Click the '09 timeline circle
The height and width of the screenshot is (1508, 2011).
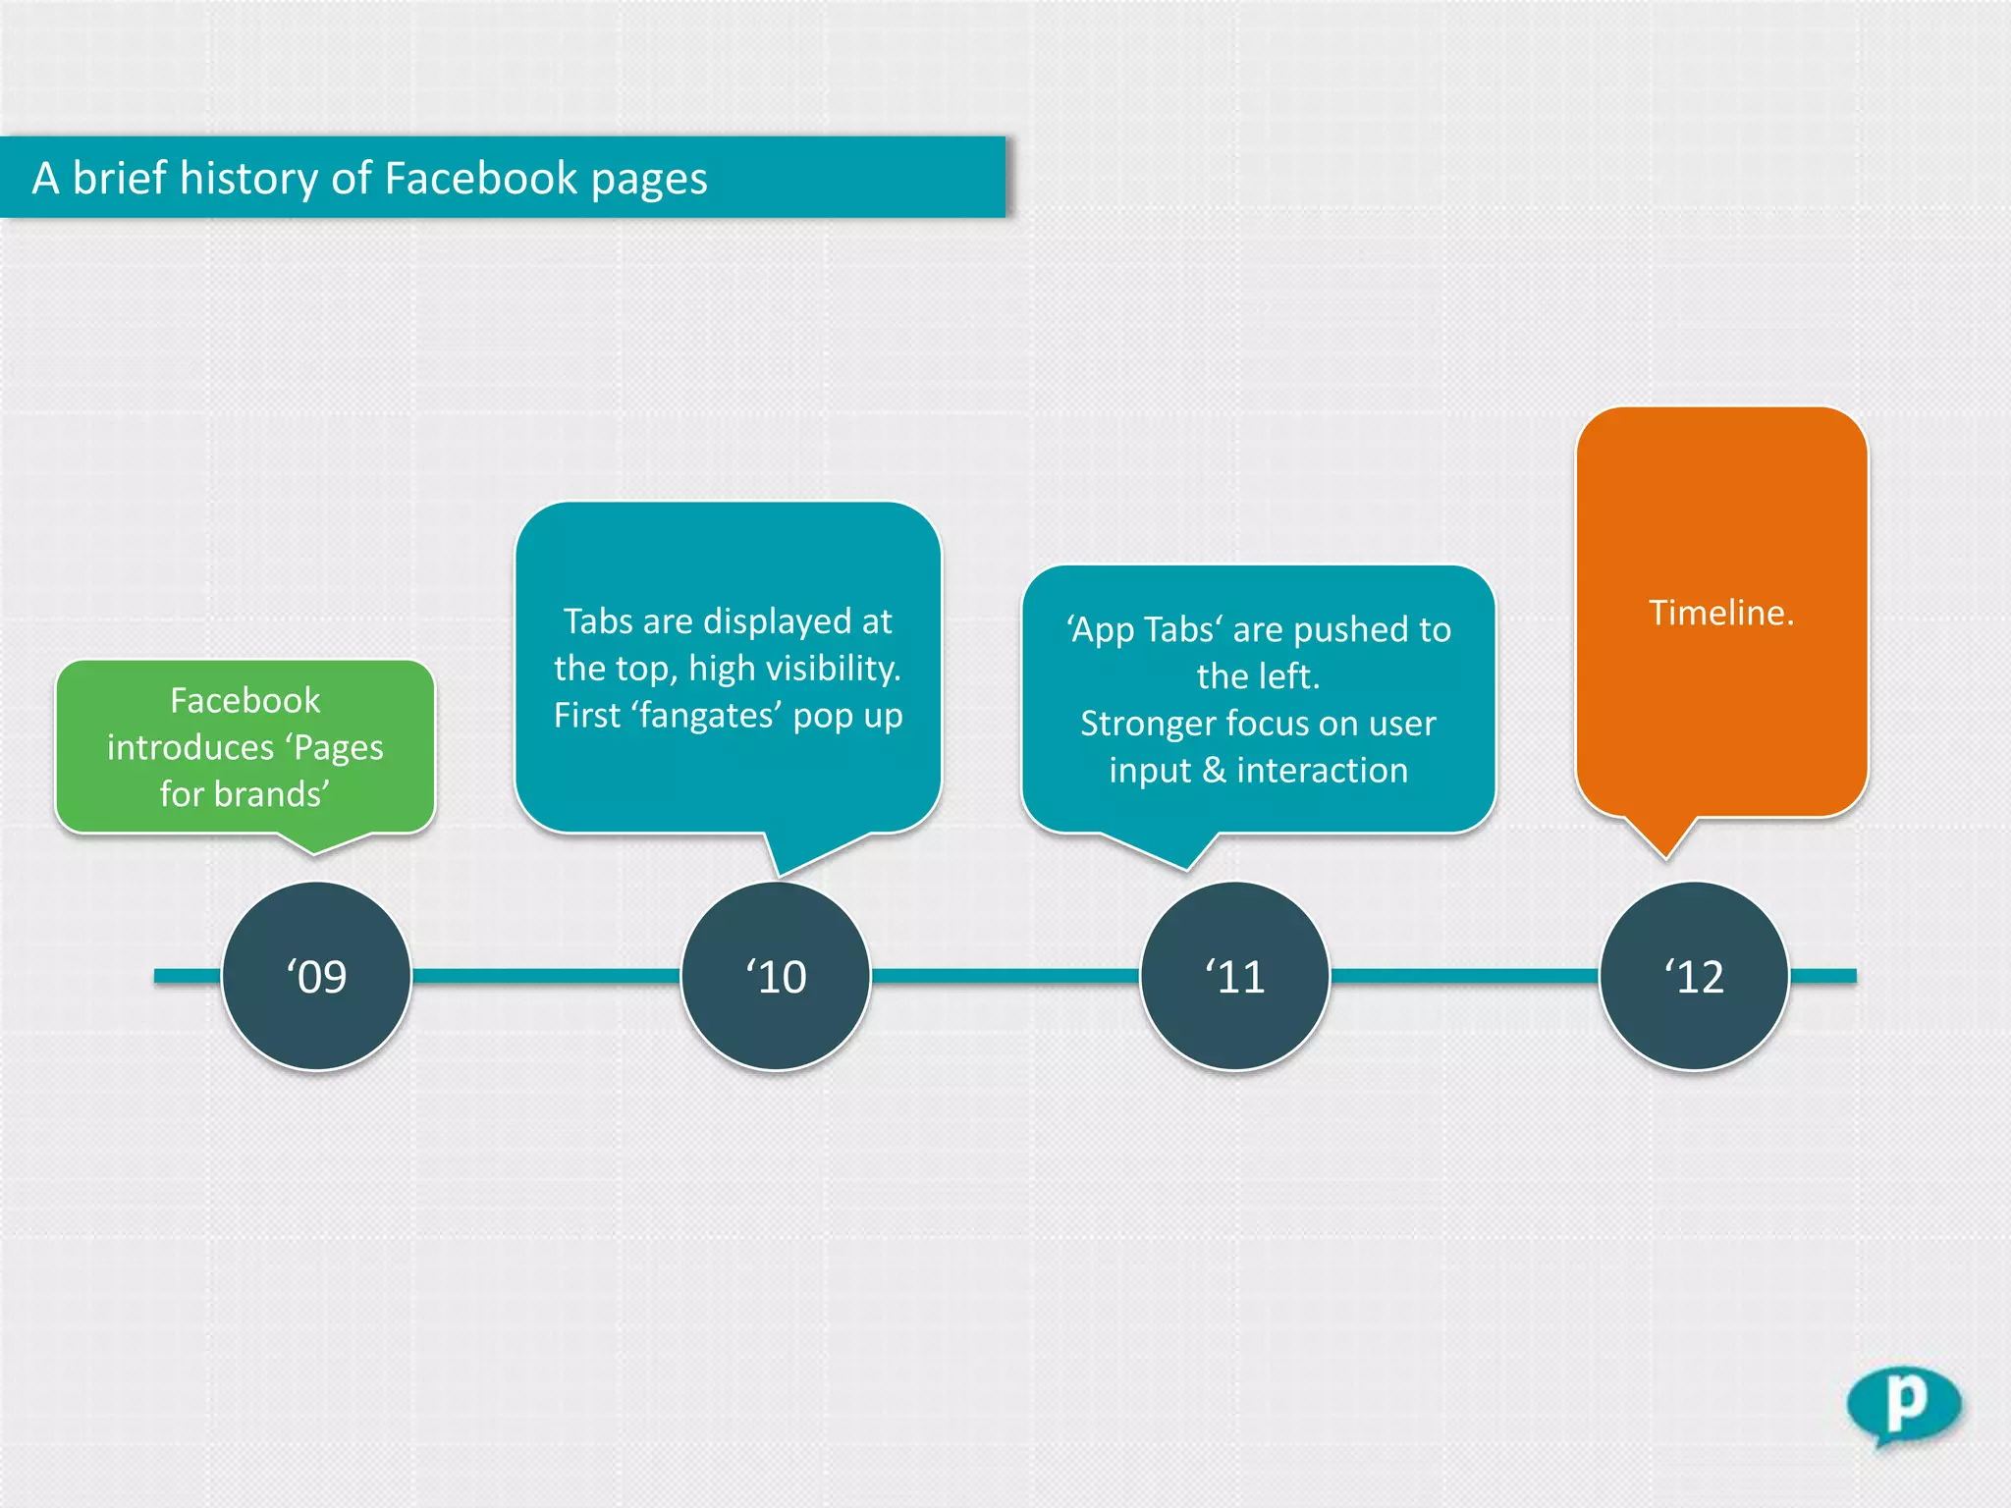[x=316, y=976]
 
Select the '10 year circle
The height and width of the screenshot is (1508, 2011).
[x=776, y=976]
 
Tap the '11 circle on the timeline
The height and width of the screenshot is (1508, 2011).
[x=1234, y=976]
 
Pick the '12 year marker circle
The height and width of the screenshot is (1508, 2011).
[x=1694, y=976]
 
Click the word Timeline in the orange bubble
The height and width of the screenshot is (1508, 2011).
[x=1719, y=613]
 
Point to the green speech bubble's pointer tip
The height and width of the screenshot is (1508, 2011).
[x=314, y=851]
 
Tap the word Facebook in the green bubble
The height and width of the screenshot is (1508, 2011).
[x=245, y=700]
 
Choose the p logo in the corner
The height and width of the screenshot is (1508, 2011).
[x=1903, y=1405]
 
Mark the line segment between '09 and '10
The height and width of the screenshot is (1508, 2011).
[x=545, y=976]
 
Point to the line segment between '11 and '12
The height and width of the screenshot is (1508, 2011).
[x=1463, y=976]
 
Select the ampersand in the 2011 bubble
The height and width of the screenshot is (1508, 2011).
[x=1214, y=771]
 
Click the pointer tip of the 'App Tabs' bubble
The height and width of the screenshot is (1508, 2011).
[x=1188, y=867]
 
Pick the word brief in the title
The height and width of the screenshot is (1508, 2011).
[x=119, y=179]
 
